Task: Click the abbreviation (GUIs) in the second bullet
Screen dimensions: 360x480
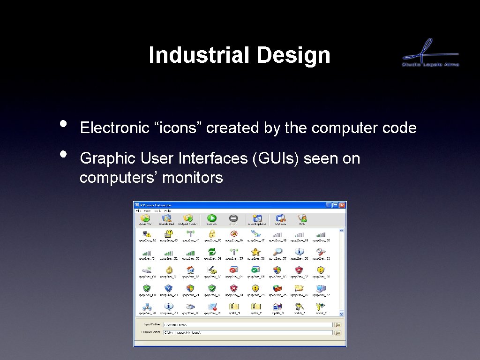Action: pyautogui.click(x=276, y=159)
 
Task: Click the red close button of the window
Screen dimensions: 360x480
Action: pyautogui.click(x=342, y=205)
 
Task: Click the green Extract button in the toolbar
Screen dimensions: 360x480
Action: pyautogui.click(x=212, y=219)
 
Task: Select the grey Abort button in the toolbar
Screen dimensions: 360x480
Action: pyautogui.click(x=233, y=219)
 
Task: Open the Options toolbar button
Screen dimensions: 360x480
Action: pyautogui.click(x=281, y=219)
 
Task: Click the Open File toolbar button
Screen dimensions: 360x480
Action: pyautogui.click(x=145, y=219)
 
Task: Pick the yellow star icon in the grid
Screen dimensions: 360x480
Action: pyautogui.click(x=255, y=252)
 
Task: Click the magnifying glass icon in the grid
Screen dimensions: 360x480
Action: pyautogui.click(x=278, y=252)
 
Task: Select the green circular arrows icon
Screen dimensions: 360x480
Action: pyautogui.click(x=212, y=252)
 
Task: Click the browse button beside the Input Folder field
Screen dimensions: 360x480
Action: pyautogui.click(x=337, y=324)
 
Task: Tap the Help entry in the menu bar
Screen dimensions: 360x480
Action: pyautogui.click(x=167, y=211)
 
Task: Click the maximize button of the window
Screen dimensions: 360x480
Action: pyautogui.click(x=335, y=205)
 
